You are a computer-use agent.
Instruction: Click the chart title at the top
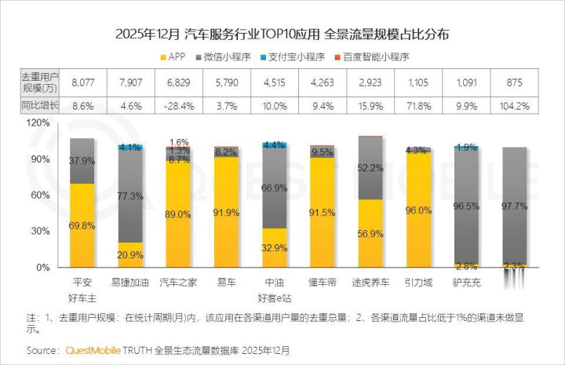(282, 35)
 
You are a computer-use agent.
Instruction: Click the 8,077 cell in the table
(82, 80)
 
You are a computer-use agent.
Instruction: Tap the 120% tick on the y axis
(38, 123)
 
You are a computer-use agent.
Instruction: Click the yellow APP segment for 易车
(227, 212)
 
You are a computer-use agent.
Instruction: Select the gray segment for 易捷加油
(130, 196)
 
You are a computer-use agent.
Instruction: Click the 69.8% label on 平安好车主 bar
(82, 225)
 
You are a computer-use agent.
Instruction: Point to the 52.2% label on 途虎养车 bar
(370, 168)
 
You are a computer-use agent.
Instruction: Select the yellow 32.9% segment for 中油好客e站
(274, 248)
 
